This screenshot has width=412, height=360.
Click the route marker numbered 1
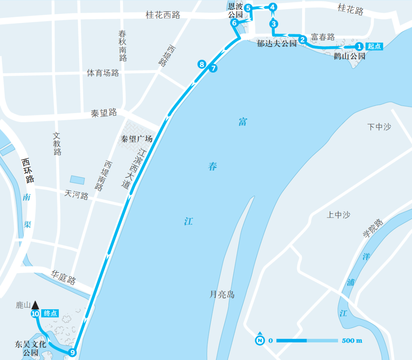click(x=359, y=47)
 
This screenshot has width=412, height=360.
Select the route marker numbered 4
click(x=272, y=7)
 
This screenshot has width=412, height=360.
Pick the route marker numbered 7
click(x=213, y=69)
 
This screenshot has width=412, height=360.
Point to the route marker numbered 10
click(x=35, y=314)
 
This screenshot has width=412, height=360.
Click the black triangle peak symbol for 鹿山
click(x=35, y=305)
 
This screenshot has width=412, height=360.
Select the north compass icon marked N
click(x=260, y=340)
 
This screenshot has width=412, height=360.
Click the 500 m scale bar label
click(x=352, y=341)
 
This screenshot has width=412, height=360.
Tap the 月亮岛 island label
click(x=222, y=294)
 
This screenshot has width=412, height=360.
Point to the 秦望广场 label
click(x=137, y=139)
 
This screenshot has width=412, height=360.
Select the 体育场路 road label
click(x=103, y=73)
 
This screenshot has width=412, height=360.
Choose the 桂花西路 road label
click(x=163, y=15)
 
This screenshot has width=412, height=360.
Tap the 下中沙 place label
click(x=379, y=127)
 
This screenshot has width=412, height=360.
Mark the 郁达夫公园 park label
click(x=277, y=43)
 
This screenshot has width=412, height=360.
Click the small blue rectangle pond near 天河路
click(x=78, y=179)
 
